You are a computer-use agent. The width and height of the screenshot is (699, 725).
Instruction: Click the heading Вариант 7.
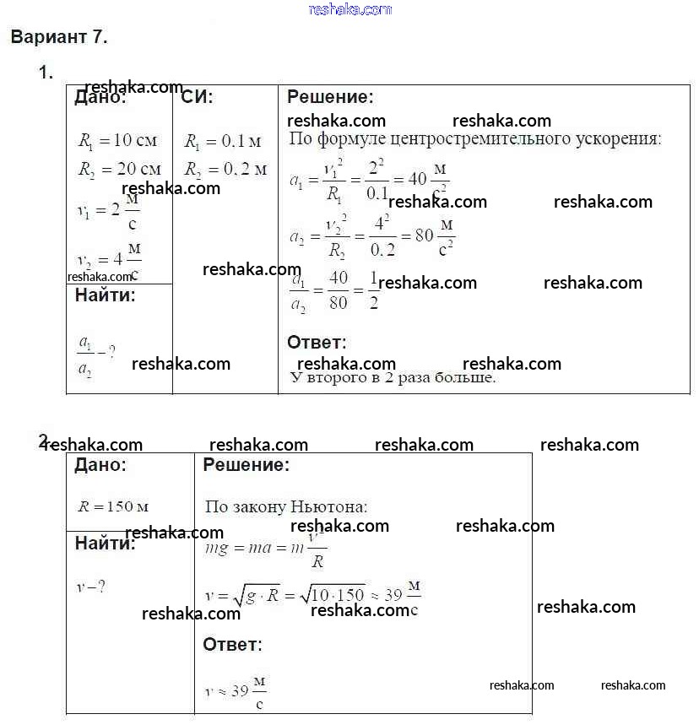point(58,38)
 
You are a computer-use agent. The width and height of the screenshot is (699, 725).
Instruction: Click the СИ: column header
point(198,97)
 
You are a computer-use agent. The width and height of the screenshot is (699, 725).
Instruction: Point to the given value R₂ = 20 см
point(118,169)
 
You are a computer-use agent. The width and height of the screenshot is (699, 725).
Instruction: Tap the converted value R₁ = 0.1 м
point(222,141)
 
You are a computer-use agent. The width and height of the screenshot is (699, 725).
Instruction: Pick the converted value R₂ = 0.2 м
point(225,169)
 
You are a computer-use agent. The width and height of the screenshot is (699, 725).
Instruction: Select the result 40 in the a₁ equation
point(417,179)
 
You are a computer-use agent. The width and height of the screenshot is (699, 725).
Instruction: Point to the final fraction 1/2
point(374,291)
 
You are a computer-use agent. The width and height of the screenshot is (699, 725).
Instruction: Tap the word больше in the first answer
point(464,378)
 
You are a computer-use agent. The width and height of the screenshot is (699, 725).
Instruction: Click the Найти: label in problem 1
point(105,295)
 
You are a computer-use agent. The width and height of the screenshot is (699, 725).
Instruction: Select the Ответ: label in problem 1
point(317,343)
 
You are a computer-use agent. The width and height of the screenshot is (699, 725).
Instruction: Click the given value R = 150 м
point(113,507)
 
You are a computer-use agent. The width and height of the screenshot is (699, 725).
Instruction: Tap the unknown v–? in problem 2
point(91,586)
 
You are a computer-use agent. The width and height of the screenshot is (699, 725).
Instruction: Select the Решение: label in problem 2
point(246,465)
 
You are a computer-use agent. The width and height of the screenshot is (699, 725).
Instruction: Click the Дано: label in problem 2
point(100,465)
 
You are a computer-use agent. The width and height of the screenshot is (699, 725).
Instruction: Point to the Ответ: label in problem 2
point(232,645)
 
